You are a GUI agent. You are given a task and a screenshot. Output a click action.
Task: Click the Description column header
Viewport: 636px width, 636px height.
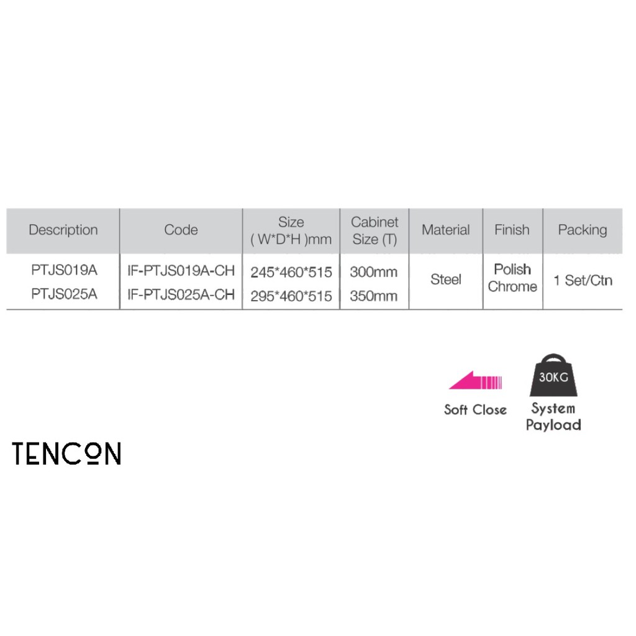point(63,230)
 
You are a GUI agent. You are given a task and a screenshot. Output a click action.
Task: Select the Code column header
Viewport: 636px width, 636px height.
point(181,230)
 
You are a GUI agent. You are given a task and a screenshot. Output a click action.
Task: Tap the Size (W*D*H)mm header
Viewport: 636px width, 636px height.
point(291,230)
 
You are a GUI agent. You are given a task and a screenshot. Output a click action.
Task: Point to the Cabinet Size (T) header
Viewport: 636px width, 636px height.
point(375,230)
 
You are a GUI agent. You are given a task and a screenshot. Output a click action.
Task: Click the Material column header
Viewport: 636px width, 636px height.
point(445,230)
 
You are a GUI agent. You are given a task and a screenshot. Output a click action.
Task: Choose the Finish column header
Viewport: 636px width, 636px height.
point(512,230)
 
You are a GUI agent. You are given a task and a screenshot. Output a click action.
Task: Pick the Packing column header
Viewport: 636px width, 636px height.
point(582,230)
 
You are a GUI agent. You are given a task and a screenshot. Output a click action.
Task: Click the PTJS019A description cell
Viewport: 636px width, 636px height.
point(64,271)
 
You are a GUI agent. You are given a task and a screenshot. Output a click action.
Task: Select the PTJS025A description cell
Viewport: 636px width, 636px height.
point(64,294)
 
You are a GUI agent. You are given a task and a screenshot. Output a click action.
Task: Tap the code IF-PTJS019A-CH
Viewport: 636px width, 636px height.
point(181,271)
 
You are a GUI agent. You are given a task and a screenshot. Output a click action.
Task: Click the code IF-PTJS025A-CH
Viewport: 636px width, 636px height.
point(181,295)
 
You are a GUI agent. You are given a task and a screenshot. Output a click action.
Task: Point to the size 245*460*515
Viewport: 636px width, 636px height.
point(291,272)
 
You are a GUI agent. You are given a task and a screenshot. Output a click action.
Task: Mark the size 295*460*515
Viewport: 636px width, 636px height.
point(291,296)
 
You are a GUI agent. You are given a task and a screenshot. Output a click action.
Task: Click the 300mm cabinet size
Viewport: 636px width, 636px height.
point(373,272)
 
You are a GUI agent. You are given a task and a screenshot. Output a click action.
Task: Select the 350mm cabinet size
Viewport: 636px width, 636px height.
point(373,296)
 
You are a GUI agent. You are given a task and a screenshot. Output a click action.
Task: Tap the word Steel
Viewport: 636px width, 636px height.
point(445,279)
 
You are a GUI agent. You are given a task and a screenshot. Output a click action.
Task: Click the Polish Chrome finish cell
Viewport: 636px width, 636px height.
point(512,278)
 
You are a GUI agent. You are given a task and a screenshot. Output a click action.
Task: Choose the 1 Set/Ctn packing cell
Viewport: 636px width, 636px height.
point(583,280)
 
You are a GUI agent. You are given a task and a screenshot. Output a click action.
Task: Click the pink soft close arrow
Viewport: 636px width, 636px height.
point(475,381)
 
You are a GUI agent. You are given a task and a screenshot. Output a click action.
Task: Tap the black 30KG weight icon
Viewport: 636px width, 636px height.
point(553,376)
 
